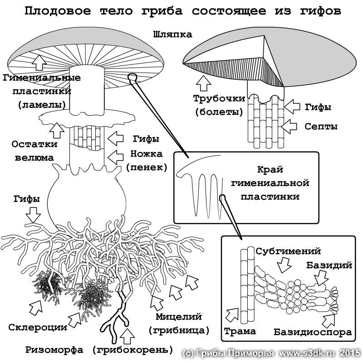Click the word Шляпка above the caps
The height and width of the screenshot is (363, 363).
(x=173, y=34)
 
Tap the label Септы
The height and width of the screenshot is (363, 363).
(x=320, y=126)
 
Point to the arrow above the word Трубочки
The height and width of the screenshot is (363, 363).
(x=202, y=83)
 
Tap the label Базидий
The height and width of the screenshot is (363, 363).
(x=330, y=265)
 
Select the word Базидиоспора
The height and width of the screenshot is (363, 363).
(x=313, y=332)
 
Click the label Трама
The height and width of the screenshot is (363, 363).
(x=240, y=331)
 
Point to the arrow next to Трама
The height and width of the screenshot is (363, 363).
(x=231, y=314)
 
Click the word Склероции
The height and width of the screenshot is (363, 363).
(x=38, y=327)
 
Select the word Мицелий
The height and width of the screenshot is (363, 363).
(x=178, y=316)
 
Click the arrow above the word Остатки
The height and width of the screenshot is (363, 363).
(x=57, y=130)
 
